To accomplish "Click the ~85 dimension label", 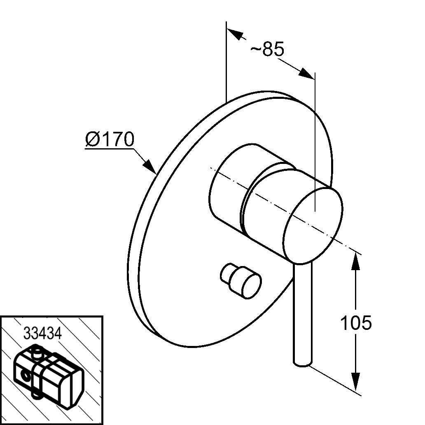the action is [267, 49].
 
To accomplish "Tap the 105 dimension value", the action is [356, 323].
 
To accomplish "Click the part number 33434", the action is [42, 333].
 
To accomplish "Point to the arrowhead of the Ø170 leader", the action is [150, 166].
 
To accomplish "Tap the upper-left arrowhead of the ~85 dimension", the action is [235, 33].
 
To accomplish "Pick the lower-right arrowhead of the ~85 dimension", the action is [306, 73].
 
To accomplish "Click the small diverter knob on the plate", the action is [241, 281].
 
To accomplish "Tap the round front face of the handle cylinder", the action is [313, 225].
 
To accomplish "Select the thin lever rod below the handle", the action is [302, 314].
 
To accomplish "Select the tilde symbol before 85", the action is [255, 49].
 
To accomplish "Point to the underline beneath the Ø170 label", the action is [110, 149].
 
